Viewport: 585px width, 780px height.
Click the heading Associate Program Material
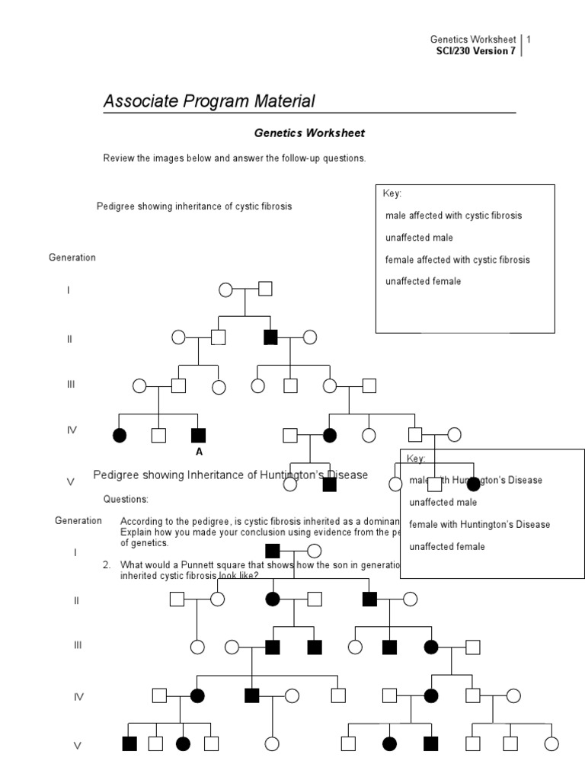[x=209, y=101]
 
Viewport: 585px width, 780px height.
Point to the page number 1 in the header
[x=529, y=39]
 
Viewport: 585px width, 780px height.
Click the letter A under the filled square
[x=199, y=452]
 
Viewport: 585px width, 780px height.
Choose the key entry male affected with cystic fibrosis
[x=453, y=216]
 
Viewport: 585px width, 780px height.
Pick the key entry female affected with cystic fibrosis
[x=457, y=260]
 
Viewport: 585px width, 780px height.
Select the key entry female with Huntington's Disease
[x=479, y=524]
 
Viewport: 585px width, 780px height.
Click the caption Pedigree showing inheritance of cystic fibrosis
[x=194, y=206]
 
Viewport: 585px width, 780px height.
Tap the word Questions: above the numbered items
[x=126, y=499]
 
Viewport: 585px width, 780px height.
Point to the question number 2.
[x=107, y=564]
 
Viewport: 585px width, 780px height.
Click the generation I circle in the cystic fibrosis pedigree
[x=225, y=289]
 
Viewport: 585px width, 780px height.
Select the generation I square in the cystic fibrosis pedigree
[x=265, y=289]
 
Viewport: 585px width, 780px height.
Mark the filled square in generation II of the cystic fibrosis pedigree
[x=270, y=337]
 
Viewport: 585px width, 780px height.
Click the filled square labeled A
[x=198, y=435]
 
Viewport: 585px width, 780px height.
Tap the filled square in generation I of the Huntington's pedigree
[x=272, y=550]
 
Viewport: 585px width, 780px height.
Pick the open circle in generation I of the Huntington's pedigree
[x=314, y=551]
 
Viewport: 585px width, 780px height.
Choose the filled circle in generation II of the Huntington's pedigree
[x=272, y=599]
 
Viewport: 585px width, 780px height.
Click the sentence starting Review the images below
[x=235, y=158]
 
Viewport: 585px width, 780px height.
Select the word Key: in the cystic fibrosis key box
[x=392, y=193]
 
